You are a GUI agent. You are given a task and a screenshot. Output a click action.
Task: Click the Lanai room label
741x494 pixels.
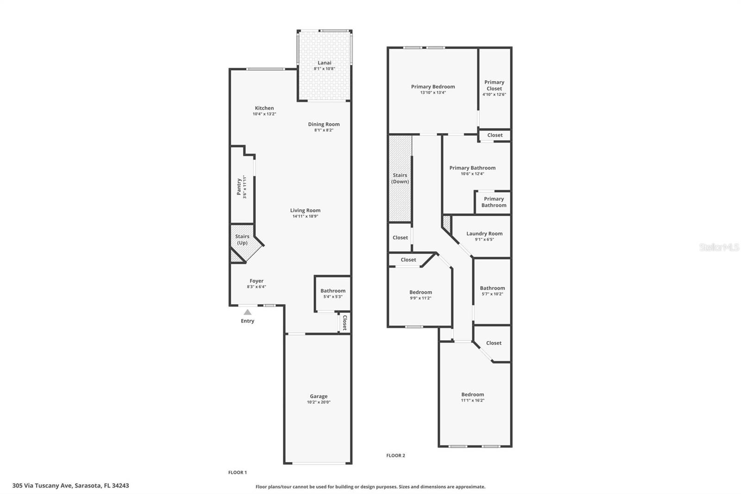click(x=324, y=63)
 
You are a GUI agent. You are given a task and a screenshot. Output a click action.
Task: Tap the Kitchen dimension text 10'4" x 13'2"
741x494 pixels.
click(x=264, y=114)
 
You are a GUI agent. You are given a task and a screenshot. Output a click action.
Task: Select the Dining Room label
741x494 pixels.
click(x=324, y=124)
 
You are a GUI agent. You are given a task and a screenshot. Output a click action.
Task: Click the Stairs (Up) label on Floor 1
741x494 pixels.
click(x=242, y=240)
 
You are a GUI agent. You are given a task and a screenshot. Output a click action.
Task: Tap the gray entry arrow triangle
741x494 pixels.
click(x=248, y=312)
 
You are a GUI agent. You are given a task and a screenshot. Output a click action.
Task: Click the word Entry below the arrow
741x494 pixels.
click(x=247, y=321)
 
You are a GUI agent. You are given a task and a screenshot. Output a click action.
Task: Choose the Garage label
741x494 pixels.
click(x=319, y=396)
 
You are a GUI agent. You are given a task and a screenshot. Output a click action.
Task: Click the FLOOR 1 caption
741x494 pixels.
click(x=238, y=473)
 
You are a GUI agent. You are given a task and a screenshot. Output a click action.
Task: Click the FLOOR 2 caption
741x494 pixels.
click(x=396, y=456)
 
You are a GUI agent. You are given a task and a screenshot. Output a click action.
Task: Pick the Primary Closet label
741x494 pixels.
click(x=494, y=85)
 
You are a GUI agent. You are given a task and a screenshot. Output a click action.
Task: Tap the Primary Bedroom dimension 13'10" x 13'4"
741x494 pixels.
click(x=433, y=93)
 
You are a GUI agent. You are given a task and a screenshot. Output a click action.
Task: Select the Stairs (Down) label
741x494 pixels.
click(x=400, y=178)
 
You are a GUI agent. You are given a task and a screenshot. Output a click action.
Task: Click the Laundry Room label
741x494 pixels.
click(x=484, y=234)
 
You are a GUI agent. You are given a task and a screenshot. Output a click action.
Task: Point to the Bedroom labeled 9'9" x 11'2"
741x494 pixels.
click(x=421, y=295)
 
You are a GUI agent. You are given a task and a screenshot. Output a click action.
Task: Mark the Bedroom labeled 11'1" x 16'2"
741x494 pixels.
click(x=472, y=397)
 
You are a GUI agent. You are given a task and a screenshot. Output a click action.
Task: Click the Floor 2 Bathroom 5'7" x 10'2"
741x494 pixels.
click(x=492, y=291)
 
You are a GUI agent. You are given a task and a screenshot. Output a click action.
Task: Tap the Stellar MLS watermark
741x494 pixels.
click(x=719, y=247)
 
